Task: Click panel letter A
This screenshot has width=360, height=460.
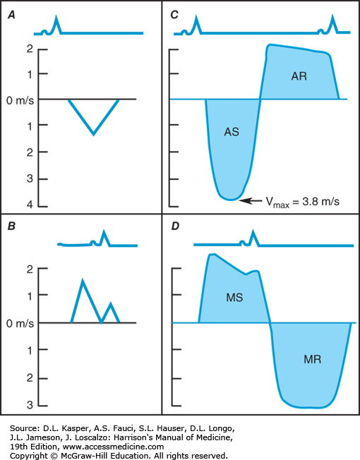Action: (11, 15)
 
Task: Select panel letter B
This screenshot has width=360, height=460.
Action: (11, 226)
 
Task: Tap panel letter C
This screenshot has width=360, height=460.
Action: (174, 15)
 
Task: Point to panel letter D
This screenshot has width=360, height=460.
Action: (175, 226)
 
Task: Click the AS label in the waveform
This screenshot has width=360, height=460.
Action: (232, 132)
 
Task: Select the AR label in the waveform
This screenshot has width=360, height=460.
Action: (299, 76)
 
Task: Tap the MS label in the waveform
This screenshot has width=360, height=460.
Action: (234, 298)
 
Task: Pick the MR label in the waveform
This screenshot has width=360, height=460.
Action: (313, 359)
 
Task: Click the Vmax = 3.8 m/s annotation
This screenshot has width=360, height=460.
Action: (303, 202)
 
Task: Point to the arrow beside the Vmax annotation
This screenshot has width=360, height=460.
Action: (251, 200)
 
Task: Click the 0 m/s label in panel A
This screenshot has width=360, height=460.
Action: (20, 101)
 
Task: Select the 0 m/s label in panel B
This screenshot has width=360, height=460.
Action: (20, 324)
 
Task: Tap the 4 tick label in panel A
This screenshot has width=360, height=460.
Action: (30, 204)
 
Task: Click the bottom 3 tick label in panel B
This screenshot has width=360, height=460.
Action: (30, 405)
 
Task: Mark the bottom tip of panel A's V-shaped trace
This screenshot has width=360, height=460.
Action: (93, 134)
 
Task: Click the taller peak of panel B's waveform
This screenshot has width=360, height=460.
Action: (83, 281)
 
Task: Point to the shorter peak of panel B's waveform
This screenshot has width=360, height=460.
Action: (111, 303)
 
